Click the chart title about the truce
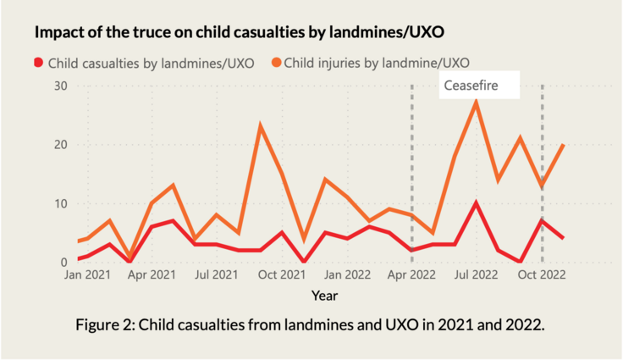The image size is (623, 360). coord(240,32)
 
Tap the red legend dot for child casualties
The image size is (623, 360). coord(37,62)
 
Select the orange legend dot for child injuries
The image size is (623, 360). coord(275,62)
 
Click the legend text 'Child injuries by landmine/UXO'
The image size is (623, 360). coord(376,62)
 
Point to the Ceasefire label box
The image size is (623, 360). coord(478,86)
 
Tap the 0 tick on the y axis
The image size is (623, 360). coord(63,262)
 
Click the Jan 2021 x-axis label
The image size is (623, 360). coord(85,275)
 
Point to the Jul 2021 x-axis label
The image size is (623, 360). coord(217,275)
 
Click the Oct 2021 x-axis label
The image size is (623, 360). coord(282,275)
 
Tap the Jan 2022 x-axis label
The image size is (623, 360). coord(347,275)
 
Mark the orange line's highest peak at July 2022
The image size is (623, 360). coord(477,102)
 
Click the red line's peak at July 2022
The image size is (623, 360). coord(477,202)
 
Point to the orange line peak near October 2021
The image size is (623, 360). coord(261,126)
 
